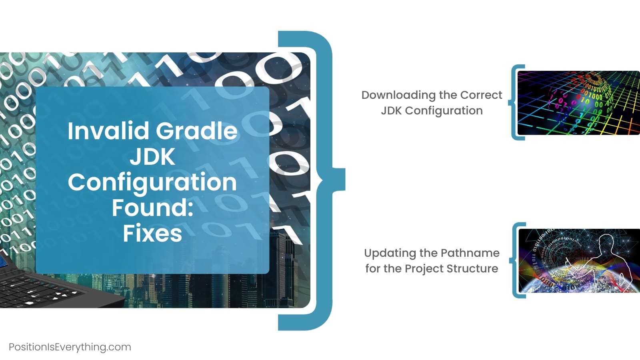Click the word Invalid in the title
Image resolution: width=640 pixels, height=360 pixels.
108,130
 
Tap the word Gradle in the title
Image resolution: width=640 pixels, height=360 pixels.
197,130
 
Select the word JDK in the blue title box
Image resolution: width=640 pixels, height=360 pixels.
152,156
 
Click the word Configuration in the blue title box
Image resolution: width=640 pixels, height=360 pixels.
152,183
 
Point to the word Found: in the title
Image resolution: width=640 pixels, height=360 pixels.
152,208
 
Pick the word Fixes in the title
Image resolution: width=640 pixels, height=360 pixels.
152,233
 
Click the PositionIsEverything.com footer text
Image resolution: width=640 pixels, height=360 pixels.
70,347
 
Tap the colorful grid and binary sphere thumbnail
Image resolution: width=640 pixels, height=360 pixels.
578,103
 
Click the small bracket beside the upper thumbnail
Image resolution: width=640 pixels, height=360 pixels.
514,102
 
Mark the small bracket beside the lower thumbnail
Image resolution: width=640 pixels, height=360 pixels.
515,260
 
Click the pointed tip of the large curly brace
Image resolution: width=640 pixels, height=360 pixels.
345,180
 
